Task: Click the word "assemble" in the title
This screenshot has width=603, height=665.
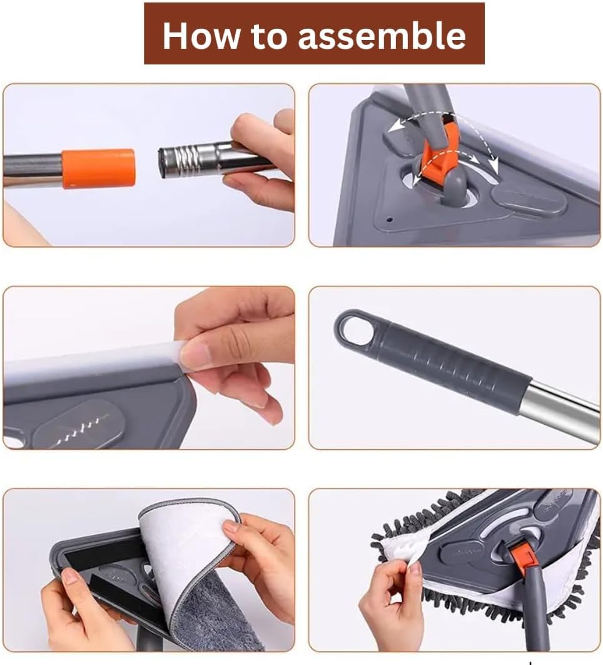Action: [382, 36]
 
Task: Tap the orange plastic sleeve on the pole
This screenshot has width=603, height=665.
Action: [98, 168]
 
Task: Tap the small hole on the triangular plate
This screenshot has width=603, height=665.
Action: [390, 220]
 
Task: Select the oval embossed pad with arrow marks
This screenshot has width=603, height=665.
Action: [78, 425]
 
